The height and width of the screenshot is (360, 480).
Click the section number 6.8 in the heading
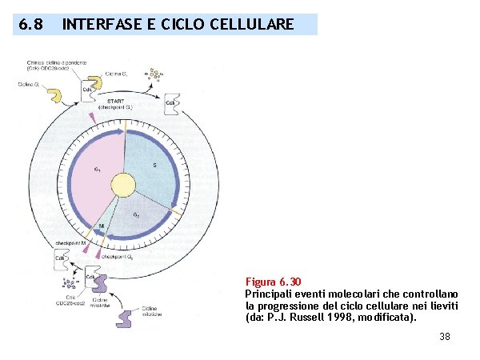[x=30, y=25]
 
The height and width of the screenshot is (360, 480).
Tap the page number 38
[x=445, y=337]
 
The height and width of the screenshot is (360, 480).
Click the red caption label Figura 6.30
[x=273, y=282]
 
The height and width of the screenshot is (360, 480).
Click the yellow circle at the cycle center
[x=123, y=186]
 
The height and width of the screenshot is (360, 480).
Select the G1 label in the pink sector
[x=97, y=169]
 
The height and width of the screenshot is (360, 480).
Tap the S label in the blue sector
[x=154, y=165]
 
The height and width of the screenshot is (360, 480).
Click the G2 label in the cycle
[x=136, y=215]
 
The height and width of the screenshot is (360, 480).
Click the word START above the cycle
[x=120, y=102]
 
